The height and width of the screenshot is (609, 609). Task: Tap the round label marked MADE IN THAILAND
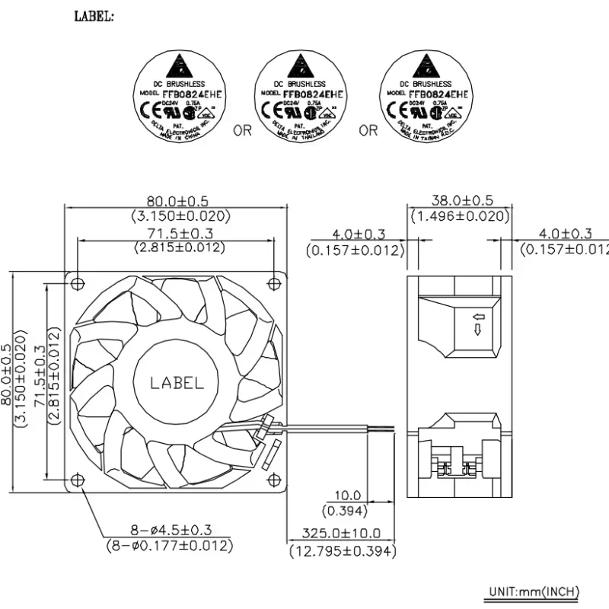pyautogui.click(x=303, y=96)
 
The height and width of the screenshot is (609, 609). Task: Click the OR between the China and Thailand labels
pyautogui.click(x=242, y=131)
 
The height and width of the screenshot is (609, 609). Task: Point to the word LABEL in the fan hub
pyautogui.click(x=177, y=383)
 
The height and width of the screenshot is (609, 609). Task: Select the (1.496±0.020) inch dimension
pyautogui.click(x=459, y=216)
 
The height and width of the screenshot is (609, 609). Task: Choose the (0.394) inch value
pyautogui.click(x=344, y=510)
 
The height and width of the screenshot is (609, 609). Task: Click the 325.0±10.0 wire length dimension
pyautogui.click(x=341, y=534)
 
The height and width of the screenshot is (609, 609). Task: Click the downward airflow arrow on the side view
pyautogui.click(x=477, y=330)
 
